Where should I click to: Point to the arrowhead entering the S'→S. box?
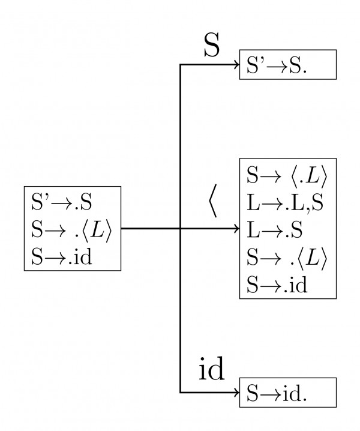236,65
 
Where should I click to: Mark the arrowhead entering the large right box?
236,229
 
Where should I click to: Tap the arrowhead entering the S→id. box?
236,393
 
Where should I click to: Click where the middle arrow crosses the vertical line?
181,229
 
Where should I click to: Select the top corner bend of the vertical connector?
181,65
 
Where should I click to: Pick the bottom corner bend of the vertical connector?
181,393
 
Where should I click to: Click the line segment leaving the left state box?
150,229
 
